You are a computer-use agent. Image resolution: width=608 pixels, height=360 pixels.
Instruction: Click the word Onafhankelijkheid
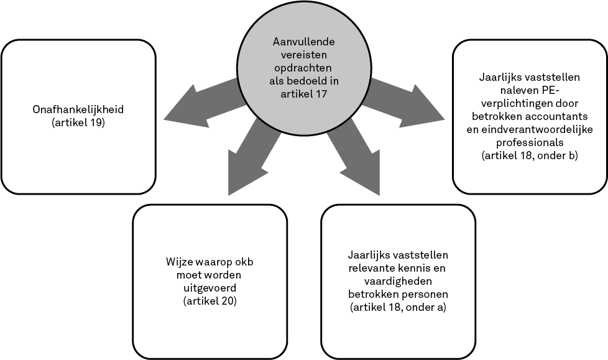tap(78, 110)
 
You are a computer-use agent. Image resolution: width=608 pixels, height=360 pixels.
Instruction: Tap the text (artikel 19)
tap(78, 123)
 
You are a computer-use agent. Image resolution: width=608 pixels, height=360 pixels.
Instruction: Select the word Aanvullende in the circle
tap(303, 42)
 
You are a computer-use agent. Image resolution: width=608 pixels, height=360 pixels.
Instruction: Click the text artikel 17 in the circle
tap(303, 94)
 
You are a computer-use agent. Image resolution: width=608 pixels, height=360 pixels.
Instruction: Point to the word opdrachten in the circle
tap(303, 68)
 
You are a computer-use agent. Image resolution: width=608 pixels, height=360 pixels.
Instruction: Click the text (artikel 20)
tap(210, 302)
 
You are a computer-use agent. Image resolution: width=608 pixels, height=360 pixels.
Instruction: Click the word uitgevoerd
tap(210, 288)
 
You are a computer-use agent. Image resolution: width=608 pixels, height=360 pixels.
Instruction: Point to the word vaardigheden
tap(398, 281)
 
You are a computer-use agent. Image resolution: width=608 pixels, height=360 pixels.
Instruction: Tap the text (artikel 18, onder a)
tap(398, 308)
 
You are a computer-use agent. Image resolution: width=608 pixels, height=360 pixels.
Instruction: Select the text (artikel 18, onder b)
tap(530, 156)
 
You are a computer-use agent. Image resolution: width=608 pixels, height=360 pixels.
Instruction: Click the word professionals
tap(530, 142)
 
